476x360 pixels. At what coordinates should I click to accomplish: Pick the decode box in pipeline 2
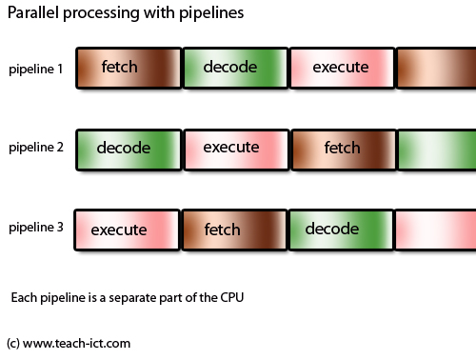pos(128,150)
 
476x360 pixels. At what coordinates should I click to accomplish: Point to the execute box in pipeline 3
pos(128,230)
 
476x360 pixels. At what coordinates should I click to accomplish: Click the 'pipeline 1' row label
pos(36,70)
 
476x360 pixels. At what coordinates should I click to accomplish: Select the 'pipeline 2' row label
pos(36,148)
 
